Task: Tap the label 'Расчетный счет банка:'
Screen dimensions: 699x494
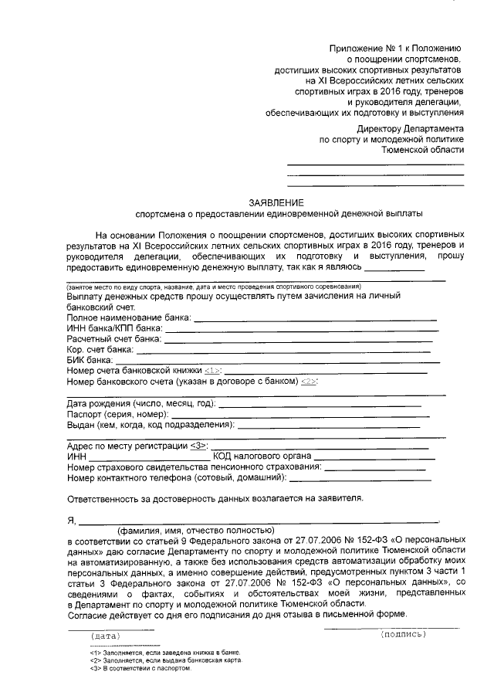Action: pos(114,339)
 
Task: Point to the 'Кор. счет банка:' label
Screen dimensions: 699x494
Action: pos(100,350)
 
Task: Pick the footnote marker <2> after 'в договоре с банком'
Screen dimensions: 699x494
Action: pos(308,382)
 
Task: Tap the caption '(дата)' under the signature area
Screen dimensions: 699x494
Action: pos(105,636)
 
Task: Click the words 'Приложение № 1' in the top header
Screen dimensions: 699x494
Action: pos(364,48)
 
